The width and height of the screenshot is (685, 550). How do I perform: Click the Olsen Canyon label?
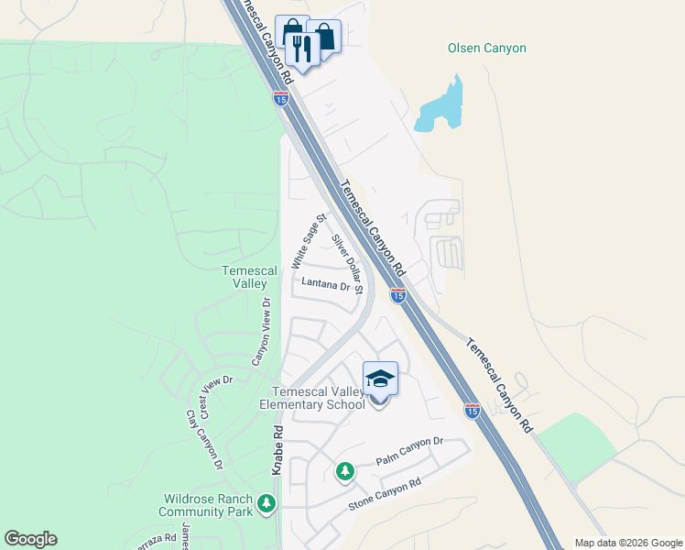point(486,49)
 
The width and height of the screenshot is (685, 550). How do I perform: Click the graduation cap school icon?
point(380,378)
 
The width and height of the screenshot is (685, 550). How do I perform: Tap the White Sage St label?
point(309,241)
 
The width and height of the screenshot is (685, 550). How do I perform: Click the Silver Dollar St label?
point(348,264)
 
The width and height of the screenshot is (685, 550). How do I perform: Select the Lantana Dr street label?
point(327,286)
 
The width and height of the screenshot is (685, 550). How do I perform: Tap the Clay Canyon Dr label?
point(204,440)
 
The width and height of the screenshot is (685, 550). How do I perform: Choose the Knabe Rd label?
point(276,449)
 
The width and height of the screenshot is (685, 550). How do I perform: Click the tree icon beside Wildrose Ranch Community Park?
point(266,503)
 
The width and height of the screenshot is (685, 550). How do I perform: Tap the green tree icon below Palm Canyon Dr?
point(344,471)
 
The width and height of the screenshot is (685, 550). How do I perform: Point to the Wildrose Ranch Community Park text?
point(206,505)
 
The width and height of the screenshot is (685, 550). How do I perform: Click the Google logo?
point(30,539)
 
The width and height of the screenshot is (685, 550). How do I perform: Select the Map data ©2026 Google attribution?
point(628,543)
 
